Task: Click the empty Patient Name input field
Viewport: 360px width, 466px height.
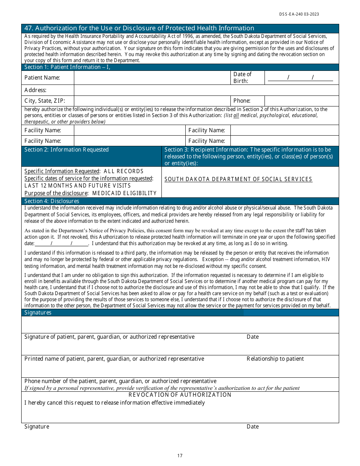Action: point(152,78)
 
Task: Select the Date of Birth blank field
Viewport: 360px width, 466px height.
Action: point(300,78)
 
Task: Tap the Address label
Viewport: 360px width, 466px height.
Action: point(35,90)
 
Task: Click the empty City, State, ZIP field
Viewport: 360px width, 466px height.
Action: point(152,101)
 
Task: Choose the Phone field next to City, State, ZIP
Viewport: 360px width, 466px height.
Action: point(301,101)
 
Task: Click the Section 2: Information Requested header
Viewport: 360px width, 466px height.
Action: point(66,150)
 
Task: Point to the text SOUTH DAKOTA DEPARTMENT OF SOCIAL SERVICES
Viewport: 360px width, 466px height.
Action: point(238,179)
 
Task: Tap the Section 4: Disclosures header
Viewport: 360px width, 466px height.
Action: point(52,201)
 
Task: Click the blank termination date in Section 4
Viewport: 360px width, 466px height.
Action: point(61,244)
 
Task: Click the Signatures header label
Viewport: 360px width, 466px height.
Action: point(38,313)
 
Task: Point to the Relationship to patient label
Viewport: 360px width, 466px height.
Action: point(275,359)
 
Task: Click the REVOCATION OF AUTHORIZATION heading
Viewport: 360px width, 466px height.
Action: point(180,395)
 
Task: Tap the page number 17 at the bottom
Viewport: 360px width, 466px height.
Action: point(180,456)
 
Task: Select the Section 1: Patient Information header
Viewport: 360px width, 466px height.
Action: point(67,67)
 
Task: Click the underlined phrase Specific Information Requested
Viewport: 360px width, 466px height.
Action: point(62,171)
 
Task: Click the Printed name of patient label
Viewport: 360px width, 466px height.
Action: point(114,359)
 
